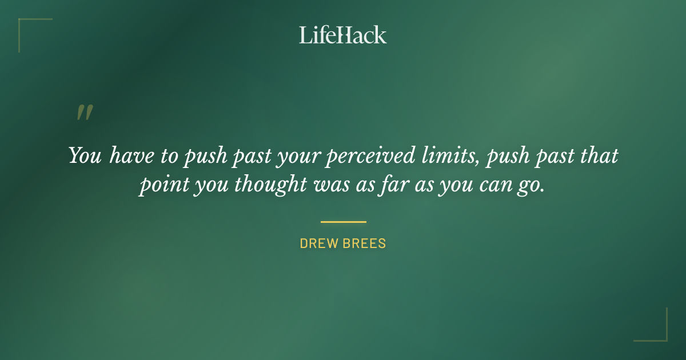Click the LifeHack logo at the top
tap(343, 35)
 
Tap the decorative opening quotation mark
tap(85, 113)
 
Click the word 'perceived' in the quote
tap(362, 156)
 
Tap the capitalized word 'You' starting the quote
tap(85, 155)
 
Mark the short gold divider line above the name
tap(343, 222)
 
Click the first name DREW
tap(319, 243)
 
